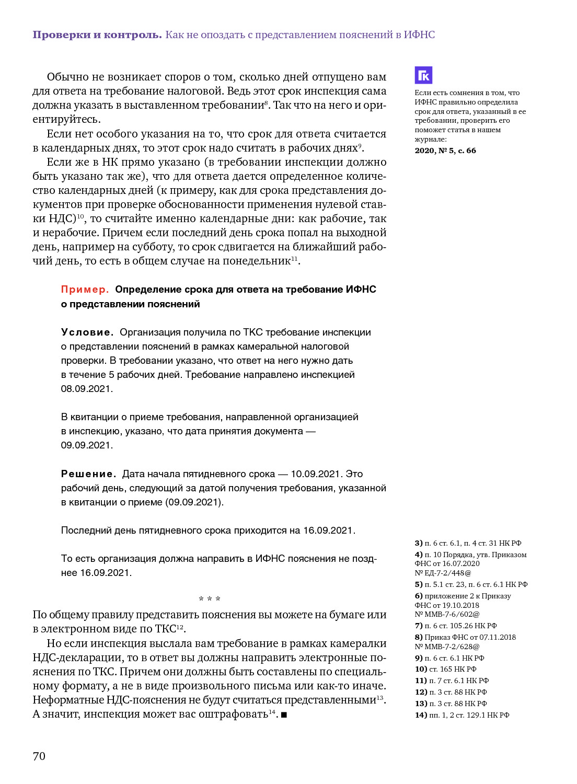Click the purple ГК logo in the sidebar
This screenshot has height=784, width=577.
[423, 75]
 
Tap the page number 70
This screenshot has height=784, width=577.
[39, 756]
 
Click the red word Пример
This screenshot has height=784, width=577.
[85, 290]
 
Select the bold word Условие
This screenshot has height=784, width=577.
[87, 332]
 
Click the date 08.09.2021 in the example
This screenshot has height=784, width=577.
[87, 389]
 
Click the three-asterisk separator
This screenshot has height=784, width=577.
[210, 599]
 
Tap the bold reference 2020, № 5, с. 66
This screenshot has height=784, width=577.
[445, 151]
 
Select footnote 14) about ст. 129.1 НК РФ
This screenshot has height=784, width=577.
[462, 715]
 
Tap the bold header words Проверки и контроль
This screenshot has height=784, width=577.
[97, 35]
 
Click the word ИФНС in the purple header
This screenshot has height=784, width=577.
[419, 35]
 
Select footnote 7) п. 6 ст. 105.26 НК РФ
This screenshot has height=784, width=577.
[456, 626]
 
